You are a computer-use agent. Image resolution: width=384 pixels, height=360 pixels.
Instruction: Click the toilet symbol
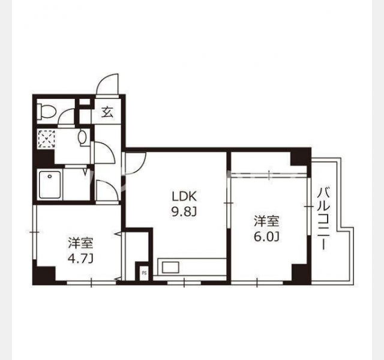pos(46,112)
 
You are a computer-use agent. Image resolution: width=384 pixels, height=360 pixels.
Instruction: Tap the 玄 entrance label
pos(107,112)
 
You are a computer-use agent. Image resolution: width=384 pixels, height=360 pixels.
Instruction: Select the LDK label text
pos(184,196)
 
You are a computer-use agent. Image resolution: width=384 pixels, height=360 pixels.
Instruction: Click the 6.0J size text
pos(266,236)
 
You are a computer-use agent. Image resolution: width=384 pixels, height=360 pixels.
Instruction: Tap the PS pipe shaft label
pos(144,273)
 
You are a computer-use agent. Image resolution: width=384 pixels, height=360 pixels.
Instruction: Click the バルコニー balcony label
pos(324,218)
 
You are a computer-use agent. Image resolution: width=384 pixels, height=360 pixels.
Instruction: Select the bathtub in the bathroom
pos(50,185)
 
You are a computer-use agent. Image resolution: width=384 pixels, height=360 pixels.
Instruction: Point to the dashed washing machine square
pos(46,139)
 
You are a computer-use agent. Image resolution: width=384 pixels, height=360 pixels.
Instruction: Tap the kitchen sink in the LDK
pos(170,268)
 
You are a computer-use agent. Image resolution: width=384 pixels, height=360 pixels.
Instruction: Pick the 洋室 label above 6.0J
pos(266,221)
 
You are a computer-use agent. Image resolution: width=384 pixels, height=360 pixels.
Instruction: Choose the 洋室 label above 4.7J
pos(80,243)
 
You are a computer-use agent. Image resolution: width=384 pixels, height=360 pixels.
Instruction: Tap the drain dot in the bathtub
pos(50,176)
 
